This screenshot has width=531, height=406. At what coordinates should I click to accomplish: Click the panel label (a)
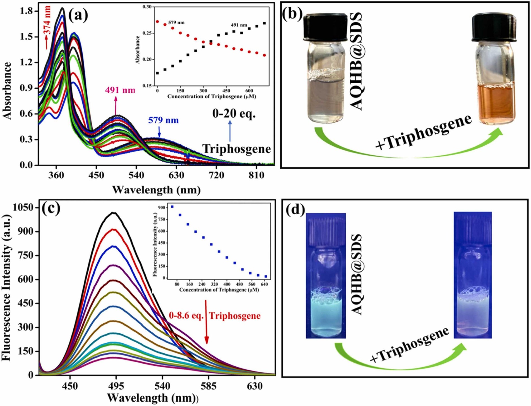(78, 15)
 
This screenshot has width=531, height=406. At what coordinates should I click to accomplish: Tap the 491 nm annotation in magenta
(120, 90)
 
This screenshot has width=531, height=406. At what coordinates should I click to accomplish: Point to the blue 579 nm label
(163, 120)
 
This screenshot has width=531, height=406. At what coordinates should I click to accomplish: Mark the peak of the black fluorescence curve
(114, 213)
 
